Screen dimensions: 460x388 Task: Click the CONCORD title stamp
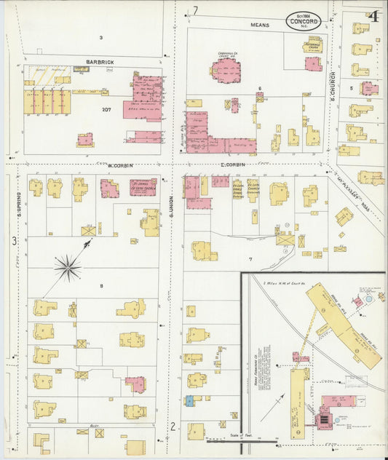tap(304, 20)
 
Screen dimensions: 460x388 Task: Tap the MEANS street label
tap(260, 25)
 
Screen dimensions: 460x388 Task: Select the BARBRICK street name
tap(100, 62)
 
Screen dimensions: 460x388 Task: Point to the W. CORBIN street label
tap(119, 165)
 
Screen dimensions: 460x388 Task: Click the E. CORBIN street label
tap(231, 165)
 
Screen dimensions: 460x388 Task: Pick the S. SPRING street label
tap(16, 205)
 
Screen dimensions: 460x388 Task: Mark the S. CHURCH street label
tap(333, 86)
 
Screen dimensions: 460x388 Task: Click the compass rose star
tap(68, 269)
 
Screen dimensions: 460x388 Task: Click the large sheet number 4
tap(373, 15)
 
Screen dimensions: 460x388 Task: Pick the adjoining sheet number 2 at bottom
tap(173, 427)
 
